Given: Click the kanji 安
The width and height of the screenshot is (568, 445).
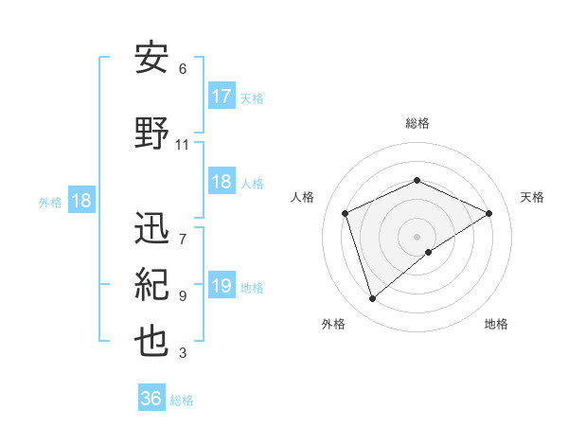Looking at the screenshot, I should pos(152,59).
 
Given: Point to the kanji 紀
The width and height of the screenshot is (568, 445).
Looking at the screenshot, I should pos(152,285).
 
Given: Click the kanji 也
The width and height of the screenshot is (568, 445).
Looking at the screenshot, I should pos(152,342).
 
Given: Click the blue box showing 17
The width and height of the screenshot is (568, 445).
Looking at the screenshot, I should pos(222,97).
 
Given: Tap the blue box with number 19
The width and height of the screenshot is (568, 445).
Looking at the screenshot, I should pos(222,287).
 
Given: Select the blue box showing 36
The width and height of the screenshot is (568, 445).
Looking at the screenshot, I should pos(151,399).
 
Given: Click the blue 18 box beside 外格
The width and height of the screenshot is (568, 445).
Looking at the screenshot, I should pos(80,201).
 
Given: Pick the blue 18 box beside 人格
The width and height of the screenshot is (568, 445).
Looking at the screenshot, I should pos(222,183).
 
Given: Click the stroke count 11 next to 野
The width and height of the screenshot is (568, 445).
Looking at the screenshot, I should pos(183,145).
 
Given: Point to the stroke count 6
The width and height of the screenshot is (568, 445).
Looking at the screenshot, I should pos(183,69).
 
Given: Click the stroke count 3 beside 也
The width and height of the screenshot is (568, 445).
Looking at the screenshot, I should pos(183,353).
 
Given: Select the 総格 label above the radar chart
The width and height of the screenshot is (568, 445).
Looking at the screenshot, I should pos(417,123).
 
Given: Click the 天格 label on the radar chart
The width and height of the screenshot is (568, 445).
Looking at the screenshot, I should pos(532,197).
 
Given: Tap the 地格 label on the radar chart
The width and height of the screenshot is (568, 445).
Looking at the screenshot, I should pos(496,324).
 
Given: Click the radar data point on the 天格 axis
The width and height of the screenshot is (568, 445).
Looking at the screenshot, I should pos(489,213).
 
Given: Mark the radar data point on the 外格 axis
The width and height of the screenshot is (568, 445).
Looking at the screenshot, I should pos(373,299).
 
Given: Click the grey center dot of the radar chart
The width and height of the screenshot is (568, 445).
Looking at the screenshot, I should pos(417,236).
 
